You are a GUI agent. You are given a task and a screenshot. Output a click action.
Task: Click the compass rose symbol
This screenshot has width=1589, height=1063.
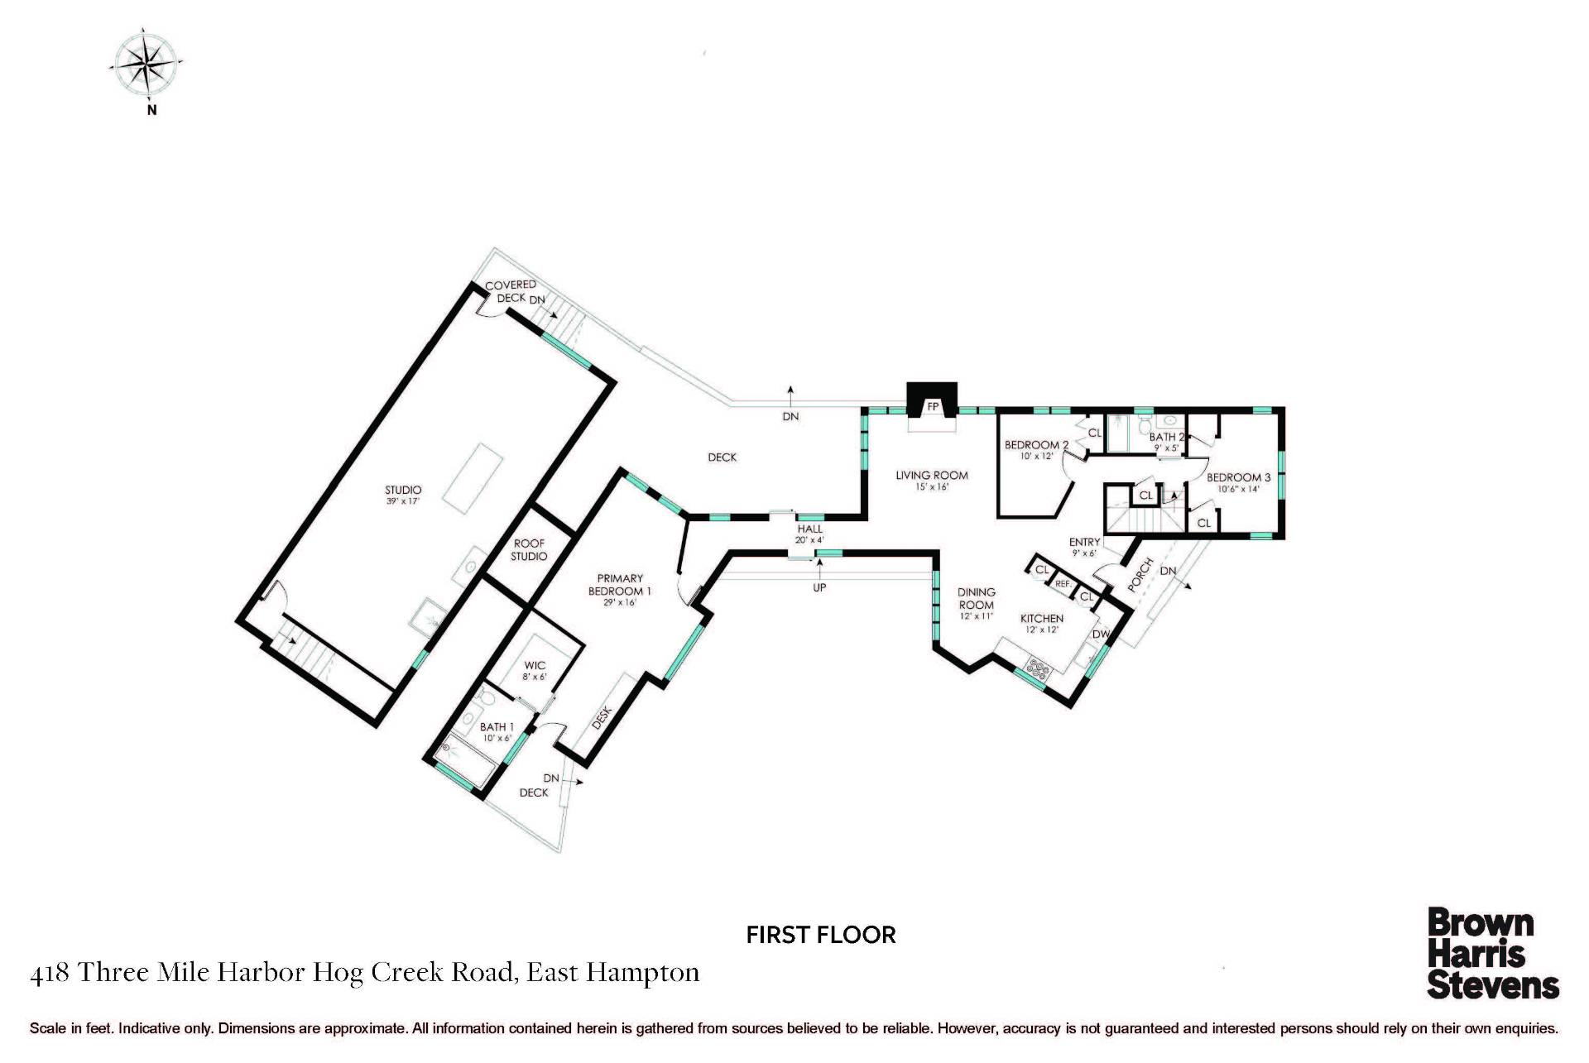pos(148,65)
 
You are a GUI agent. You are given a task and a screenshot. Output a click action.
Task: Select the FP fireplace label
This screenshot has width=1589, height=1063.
pos(933,407)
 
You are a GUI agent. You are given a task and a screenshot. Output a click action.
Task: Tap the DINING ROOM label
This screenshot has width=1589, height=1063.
pos(977,598)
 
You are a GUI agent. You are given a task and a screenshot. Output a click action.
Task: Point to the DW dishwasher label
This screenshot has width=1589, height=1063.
pos(1101,634)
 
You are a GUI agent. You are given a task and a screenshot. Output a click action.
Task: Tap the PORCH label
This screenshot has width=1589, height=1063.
pos(1140,574)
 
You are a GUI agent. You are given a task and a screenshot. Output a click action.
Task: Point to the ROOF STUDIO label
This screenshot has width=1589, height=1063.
pos(529,549)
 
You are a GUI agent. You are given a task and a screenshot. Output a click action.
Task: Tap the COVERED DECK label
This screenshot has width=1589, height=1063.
pos(511,291)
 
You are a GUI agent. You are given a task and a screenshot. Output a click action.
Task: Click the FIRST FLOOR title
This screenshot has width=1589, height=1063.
pos(821,935)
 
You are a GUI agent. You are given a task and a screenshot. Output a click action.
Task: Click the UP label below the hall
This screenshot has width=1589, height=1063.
pos(819,587)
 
